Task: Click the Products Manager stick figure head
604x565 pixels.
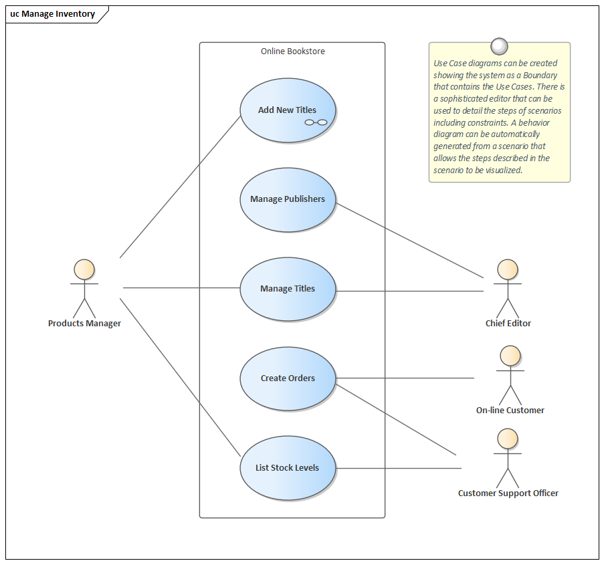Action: [x=84, y=269]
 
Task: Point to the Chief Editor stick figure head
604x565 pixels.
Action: [x=508, y=269]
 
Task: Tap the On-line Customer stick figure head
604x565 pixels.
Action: [x=510, y=356]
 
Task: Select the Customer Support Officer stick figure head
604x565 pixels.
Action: [x=508, y=439]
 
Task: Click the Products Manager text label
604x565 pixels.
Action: [x=84, y=324]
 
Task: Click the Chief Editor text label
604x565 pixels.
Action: [x=508, y=324]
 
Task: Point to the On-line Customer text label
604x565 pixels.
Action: [x=510, y=411]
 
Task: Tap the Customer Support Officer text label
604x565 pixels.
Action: [x=508, y=493]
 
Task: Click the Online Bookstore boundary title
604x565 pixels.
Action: [x=292, y=51]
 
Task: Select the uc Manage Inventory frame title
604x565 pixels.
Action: [x=53, y=14]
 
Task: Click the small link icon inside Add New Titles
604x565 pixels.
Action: [x=316, y=122]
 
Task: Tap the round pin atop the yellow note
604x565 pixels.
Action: [x=499, y=46]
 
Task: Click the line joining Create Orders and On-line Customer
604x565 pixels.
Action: [x=405, y=378]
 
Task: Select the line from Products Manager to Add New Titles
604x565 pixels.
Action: [x=181, y=187]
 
